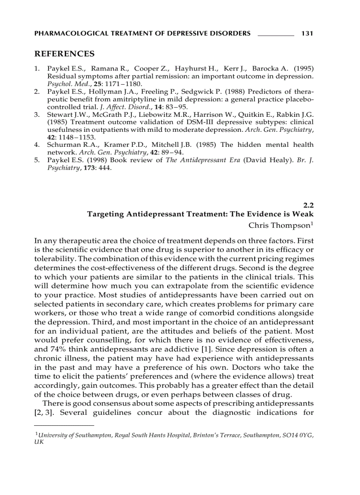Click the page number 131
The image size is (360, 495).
tap(307, 33)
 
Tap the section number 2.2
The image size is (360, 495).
tap(308, 205)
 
